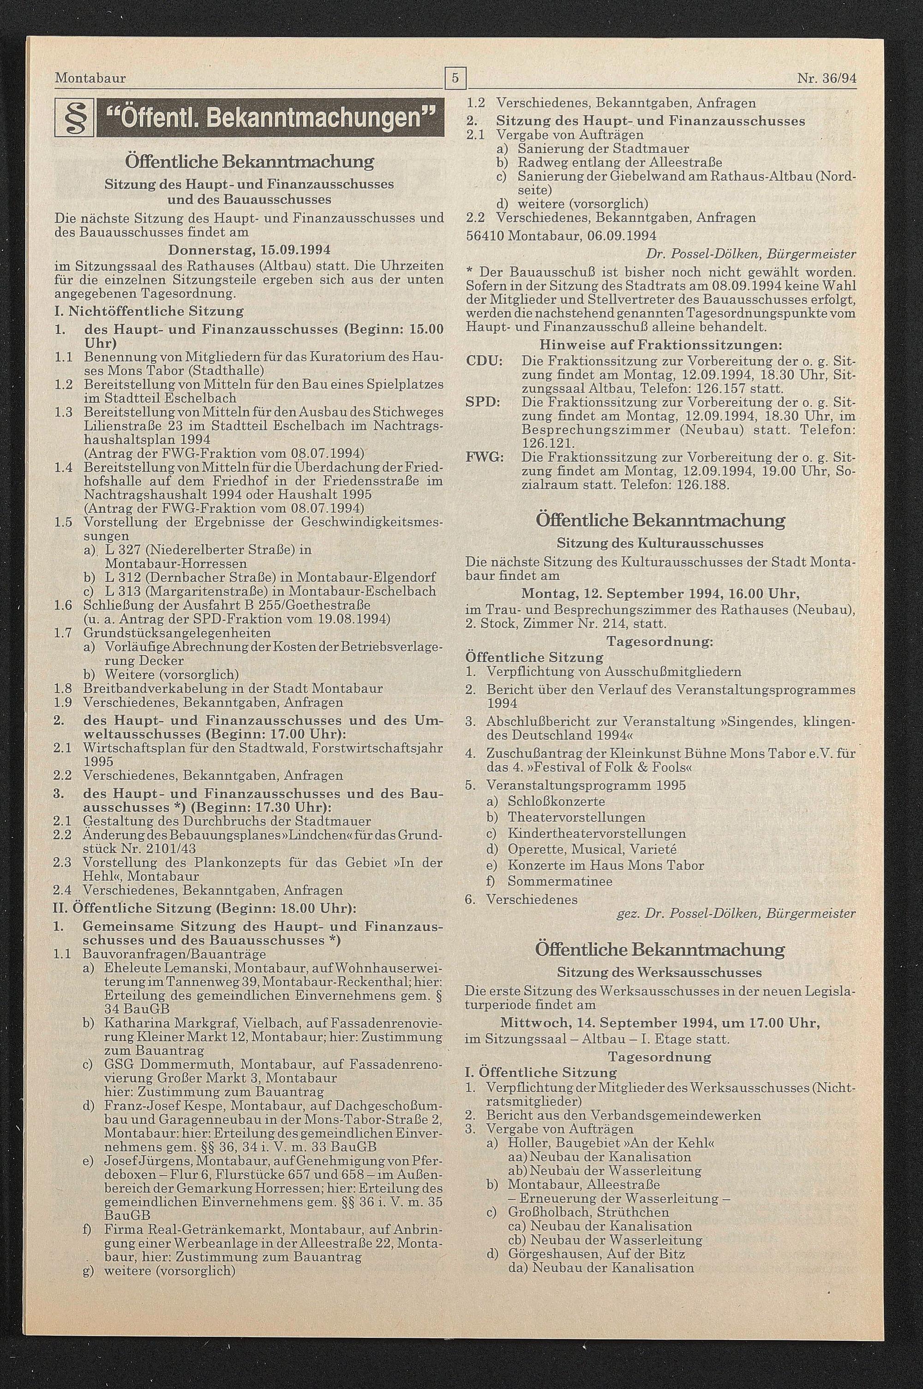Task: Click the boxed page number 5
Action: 456,78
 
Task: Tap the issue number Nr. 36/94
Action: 827,78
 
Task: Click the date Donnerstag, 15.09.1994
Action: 249,250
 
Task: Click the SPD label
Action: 483,402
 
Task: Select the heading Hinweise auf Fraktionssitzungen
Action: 660,344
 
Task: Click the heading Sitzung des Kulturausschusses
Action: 660,543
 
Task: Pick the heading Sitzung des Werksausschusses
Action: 659,972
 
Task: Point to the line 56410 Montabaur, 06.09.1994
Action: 560,236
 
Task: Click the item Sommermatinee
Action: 560,882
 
